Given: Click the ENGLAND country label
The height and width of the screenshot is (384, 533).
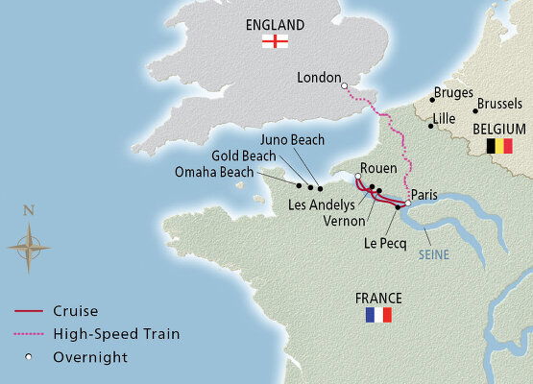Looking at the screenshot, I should pyautogui.click(x=276, y=24).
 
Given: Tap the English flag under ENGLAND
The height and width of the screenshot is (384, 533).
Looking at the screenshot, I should pyautogui.click(x=276, y=41).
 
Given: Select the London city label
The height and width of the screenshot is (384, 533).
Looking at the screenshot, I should pyautogui.click(x=319, y=78).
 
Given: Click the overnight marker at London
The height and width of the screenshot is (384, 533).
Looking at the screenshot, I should pyautogui.click(x=344, y=86).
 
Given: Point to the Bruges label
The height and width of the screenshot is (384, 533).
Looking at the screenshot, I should pyautogui.click(x=454, y=93).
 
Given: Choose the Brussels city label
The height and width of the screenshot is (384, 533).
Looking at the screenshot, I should pyautogui.click(x=502, y=102).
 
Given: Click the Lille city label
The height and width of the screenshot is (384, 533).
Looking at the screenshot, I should pyautogui.click(x=445, y=118).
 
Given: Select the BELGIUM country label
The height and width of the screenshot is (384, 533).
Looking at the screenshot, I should pyautogui.click(x=498, y=129).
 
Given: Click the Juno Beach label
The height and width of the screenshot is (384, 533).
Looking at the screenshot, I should pyautogui.click(x=292, y=140).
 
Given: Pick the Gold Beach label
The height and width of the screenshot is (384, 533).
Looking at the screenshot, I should pyautogui.click(x=245, y=156).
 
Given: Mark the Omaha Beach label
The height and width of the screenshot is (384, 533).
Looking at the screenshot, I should pyautogui.click(x=215, y=172).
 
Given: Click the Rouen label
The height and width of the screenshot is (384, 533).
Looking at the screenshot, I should pyautogui.click(x=377, y=169).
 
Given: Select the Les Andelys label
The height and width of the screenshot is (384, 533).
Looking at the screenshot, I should pyautogui.click(x=321, y=204).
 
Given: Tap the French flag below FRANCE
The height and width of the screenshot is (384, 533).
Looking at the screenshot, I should pyautogui.click(x=378, y=315).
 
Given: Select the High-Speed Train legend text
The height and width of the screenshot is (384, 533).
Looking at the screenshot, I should pyautogui.click(x=116, y=334).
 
